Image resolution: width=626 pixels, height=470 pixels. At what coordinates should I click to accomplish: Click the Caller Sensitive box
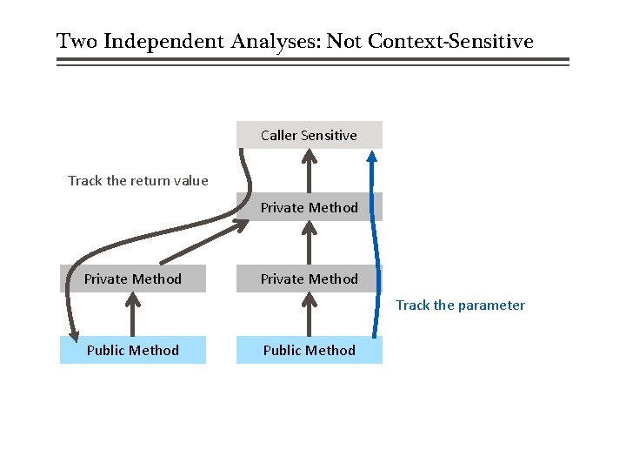pyautogui.click(x=309, y=135)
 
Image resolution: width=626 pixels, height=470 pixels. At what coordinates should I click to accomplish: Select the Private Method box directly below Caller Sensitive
pyautogui.click(x=309, y=207)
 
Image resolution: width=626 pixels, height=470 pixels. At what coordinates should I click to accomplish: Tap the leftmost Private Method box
pyautogui.click(x=133, y=279)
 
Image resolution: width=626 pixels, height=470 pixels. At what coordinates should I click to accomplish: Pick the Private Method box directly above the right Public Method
pyautogui.click(x=309, y=279)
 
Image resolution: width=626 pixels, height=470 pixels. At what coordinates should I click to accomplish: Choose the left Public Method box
pyautogui.click(x=133, y=350)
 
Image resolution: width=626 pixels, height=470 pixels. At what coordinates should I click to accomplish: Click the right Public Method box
pyautogui.click(x=309, y=350)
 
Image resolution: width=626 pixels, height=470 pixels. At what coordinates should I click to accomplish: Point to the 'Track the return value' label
pyautogui.click(x=138, y=181)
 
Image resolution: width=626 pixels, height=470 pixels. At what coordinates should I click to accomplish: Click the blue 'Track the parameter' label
pyautogui.click(x=460, y=305)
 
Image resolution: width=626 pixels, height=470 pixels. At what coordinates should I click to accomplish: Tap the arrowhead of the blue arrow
pyautogui.click(x=372, y=157)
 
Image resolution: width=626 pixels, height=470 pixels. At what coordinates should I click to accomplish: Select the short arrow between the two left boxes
pyautogui.click(x=132, y=315)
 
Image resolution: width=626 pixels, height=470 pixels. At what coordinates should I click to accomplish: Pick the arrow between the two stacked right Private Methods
pyautogui.click(x=309, y=243)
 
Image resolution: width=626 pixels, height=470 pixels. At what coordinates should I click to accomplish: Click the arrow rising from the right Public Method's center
pyautogui.click(x=309, y=315)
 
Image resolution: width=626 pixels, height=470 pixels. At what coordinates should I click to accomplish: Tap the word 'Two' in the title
pyautogui.click(x=77, y=41)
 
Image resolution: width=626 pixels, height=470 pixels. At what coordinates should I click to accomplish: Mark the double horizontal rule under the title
pyautogui.click(x=313, y=62)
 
